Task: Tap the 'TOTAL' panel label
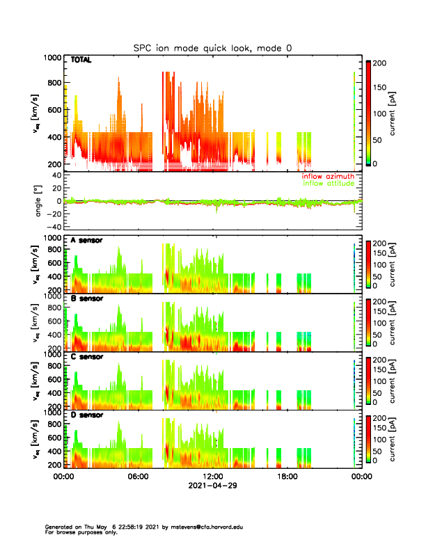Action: [x=81, y=61]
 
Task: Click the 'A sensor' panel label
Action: [x=86, y=241]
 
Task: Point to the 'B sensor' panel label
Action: [x=86, y=299]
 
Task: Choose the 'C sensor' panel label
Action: [x=86, y=357]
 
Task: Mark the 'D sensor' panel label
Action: [x=86, y=415]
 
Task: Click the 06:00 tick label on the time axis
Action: [x=138, y=477]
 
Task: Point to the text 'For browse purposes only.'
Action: [x=78, y=532]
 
